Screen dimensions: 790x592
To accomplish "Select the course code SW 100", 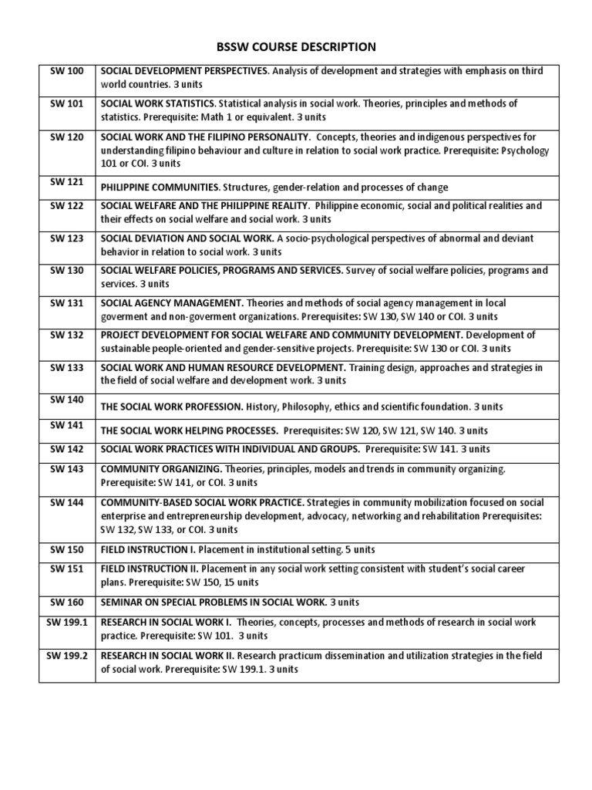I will (x=66, y=70).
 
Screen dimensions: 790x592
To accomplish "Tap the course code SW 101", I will (x=66, y=103).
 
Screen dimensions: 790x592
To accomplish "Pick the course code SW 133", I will (x=66, y=367).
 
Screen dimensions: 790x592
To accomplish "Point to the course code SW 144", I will (x=66, y=501).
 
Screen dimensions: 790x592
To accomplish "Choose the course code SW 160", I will (x=66, y=601).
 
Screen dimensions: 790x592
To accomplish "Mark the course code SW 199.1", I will (x=67, y=622).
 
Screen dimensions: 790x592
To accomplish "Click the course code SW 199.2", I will (x=67, y=655).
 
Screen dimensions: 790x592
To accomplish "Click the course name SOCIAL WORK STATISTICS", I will (x=158, y=103).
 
